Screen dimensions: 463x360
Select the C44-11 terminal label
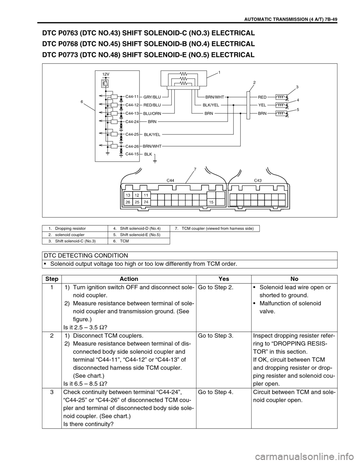click(132, 97)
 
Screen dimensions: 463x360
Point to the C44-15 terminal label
click(132, 154)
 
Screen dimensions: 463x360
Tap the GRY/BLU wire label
click(152, 97)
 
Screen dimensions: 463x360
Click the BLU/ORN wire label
click(152, 113)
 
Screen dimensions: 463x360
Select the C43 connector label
click(258, 180)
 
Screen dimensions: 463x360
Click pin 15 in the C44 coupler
click(211, 202)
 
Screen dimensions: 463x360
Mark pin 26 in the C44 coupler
click(128, 202)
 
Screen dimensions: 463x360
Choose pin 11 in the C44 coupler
click(145, 195)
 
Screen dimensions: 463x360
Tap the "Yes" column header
click(223, 279)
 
